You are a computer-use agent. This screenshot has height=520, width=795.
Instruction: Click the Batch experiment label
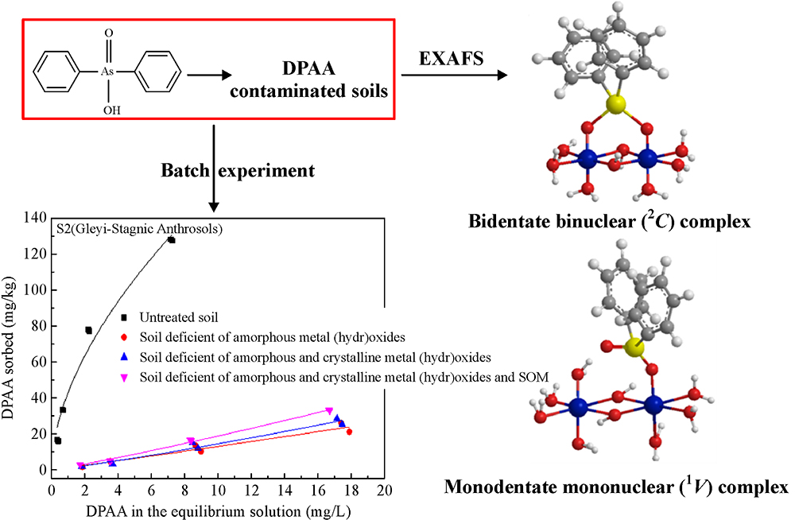click(x=237, y=170)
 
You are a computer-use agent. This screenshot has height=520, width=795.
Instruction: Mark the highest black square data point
click(x=171, y=239)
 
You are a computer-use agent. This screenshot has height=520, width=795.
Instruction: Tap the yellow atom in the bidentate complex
click(x=614, y=103)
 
